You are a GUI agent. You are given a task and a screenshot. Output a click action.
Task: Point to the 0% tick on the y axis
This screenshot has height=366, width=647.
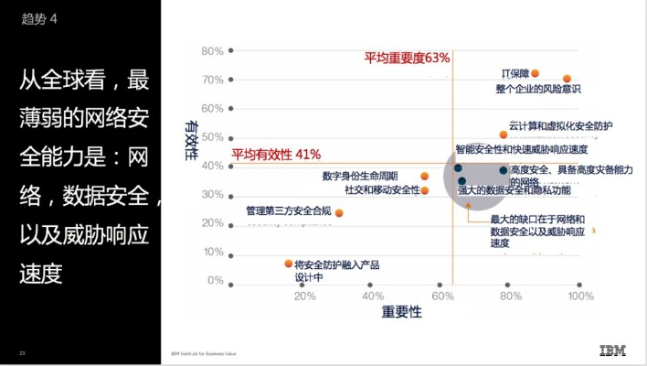[216, 280]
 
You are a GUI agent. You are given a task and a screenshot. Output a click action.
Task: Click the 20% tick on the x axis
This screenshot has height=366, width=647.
[304, 296]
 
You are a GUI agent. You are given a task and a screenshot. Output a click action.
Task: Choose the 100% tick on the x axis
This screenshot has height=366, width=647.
[580, 296]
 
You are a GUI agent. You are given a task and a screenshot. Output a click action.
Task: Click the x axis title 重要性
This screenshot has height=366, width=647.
[402, 313]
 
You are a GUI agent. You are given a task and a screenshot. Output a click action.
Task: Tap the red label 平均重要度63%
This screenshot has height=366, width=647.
[407, 58]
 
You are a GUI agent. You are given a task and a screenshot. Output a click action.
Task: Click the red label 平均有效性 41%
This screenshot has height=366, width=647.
[275, 154]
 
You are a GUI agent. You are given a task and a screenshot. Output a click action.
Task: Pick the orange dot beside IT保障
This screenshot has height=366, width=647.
[536, 73]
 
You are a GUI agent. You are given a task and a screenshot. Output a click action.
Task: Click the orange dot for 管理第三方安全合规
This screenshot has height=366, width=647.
[339, 213]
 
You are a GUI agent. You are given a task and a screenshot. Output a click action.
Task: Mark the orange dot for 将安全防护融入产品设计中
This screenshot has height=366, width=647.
[289, 264]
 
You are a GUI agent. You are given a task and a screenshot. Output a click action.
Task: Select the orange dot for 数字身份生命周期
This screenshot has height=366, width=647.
[424, 176]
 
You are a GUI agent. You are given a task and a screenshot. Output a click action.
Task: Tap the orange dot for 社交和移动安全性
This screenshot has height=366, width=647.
[424, 190]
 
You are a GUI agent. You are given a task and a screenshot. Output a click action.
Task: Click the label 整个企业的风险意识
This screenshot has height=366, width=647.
[538, 89]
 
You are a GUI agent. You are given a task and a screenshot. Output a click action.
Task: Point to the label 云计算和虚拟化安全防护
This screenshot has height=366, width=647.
[560, 125]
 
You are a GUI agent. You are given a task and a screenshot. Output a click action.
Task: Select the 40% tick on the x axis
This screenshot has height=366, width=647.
[373, 296]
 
